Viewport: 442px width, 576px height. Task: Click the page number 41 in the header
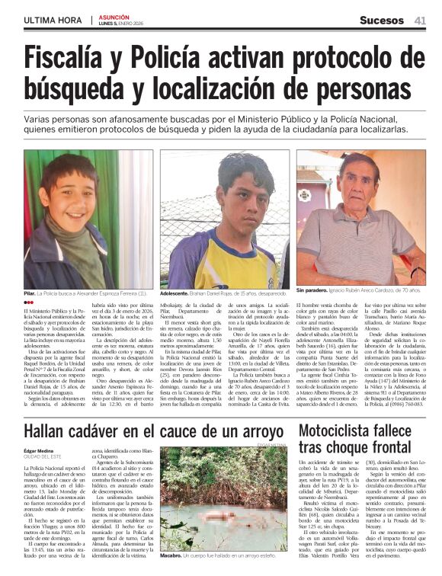420,21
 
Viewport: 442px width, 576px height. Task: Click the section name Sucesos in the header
383,21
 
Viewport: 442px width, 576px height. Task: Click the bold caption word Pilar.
30,293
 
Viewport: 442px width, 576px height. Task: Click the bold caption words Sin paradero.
312,291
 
